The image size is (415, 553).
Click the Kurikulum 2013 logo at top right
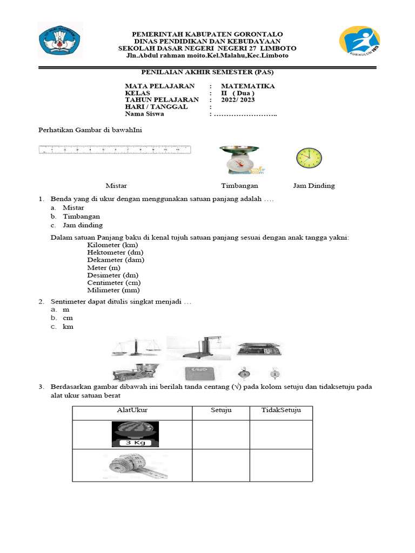(359, 44)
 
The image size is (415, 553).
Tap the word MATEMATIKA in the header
(247, 86)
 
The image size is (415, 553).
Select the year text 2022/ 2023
(237, 100)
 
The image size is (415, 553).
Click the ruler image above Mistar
(115, 150)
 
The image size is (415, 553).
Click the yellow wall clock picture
(309, 158)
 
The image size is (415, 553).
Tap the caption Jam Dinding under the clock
(313, 186)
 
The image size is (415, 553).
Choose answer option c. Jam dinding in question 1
(82, 225)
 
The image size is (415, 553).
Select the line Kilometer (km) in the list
(112, 245)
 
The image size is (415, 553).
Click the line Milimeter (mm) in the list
(113, 290)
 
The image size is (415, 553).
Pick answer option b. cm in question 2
(68, 318)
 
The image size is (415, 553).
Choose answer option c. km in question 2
(68, 327)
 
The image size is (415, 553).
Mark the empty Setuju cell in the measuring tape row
(220, 466)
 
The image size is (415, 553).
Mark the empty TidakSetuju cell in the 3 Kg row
(280, 434)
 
